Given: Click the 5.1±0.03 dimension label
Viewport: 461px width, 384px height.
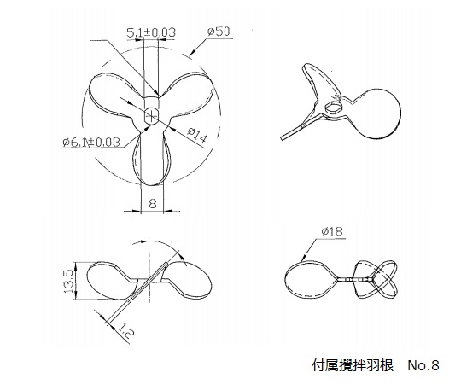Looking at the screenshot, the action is point(151,32).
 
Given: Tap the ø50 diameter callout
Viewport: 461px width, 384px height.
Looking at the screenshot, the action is point(219,31).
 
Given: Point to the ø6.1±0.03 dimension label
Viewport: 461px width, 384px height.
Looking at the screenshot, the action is point(91,143).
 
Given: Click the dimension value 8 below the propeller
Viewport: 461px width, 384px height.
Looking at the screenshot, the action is point(152,203).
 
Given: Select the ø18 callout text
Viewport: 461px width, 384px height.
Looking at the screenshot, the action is point(332,231).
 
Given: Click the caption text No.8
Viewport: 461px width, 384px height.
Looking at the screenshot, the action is point(423,365).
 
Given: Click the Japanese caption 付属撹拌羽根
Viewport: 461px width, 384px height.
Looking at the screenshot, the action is point(353,365).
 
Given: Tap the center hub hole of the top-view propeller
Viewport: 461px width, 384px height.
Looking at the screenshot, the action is point(151,116).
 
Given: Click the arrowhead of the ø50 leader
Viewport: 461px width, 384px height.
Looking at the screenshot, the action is point(192,53).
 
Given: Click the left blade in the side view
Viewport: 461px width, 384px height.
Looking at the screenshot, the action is point(110,280).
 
